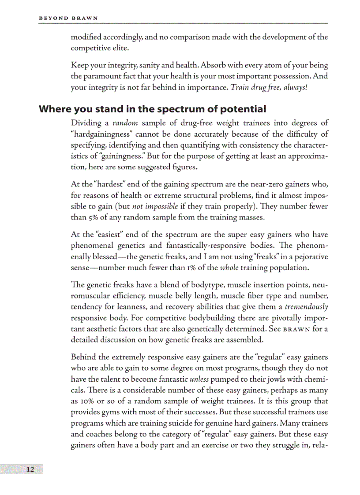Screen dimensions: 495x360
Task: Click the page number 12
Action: tap(30, 469)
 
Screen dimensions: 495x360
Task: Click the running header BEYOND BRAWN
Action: tap(68, 18)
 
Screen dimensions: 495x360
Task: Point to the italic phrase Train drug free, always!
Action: tap(270, 87)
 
